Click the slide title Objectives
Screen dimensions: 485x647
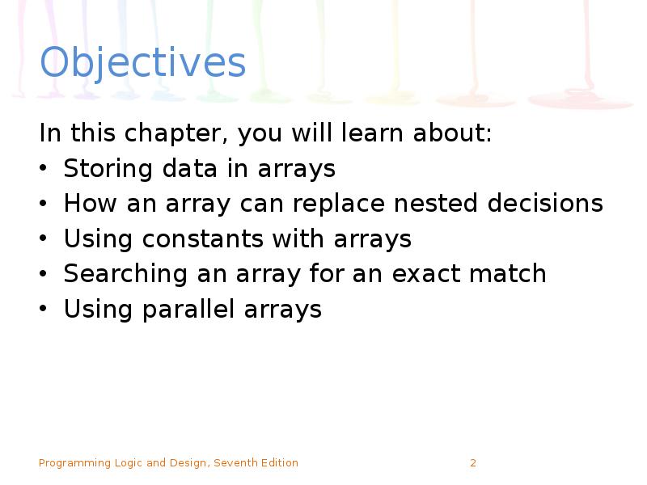[x=142, y=63]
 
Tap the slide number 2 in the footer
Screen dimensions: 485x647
[x=473, y=463]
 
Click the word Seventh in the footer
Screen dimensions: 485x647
[x=237, y=463]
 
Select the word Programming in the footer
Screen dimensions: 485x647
[x=74, y=463]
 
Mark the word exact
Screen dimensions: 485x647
[x=426, y=274]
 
